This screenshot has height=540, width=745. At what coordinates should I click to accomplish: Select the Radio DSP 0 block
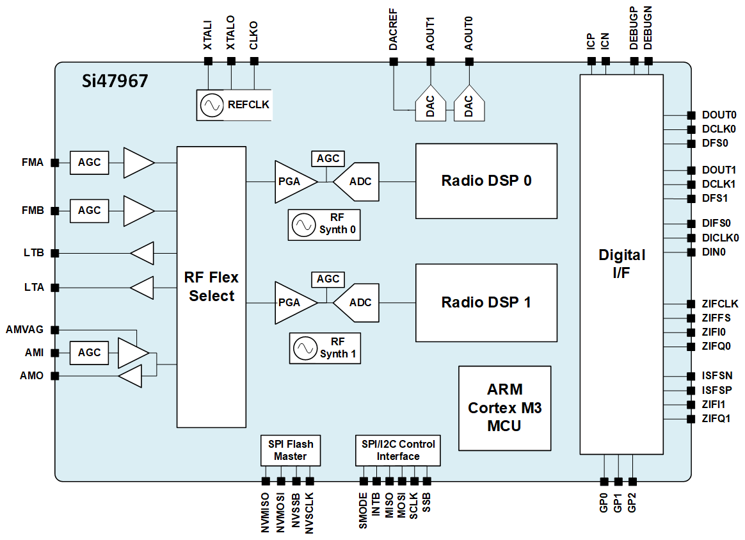coord(486,181)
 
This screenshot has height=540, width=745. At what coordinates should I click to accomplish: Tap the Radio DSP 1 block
coord(486,302)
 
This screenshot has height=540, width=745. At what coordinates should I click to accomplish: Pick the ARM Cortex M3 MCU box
coord(504,407)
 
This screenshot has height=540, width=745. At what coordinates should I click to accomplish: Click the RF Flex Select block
coord(211,286)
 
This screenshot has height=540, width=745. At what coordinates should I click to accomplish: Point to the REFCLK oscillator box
coord(234,105)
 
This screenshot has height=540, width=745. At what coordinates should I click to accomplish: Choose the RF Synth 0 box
coord(324,225)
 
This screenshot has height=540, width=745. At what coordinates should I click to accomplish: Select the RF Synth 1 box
coord(324,348)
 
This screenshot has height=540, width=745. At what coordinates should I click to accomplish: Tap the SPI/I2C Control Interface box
coord(397,450)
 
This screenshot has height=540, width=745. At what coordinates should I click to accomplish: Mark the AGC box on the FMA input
coord(89,163)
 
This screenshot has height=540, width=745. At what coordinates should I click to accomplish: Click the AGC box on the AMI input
coord(89,352)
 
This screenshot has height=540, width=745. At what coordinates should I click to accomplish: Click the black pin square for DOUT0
coord(691,115)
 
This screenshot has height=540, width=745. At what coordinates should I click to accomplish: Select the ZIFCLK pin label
coord(720,304)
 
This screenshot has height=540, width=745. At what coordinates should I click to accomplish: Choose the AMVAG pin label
coord(25,330)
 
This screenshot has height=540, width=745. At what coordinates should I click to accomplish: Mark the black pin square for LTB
coord(55,253)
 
